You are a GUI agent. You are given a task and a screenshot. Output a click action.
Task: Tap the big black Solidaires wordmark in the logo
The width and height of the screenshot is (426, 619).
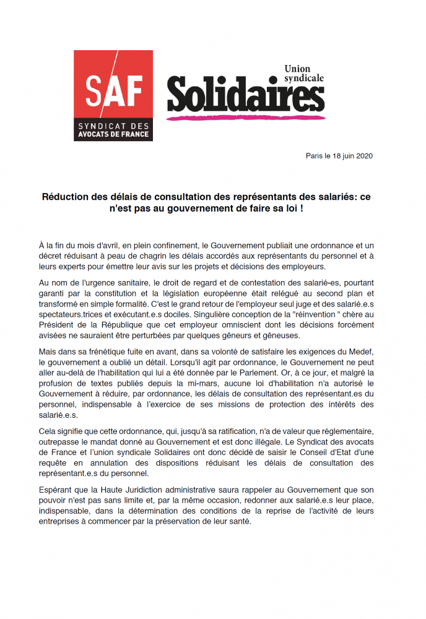tap(245, 95)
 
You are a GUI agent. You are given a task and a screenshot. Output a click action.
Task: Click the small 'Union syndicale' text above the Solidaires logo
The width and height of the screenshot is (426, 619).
tap(303, 74)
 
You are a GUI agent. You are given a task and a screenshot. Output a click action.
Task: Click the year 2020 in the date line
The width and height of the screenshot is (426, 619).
tap(363, 156)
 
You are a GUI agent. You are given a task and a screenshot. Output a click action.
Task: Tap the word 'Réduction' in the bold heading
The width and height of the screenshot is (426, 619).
tap(66, 197)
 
